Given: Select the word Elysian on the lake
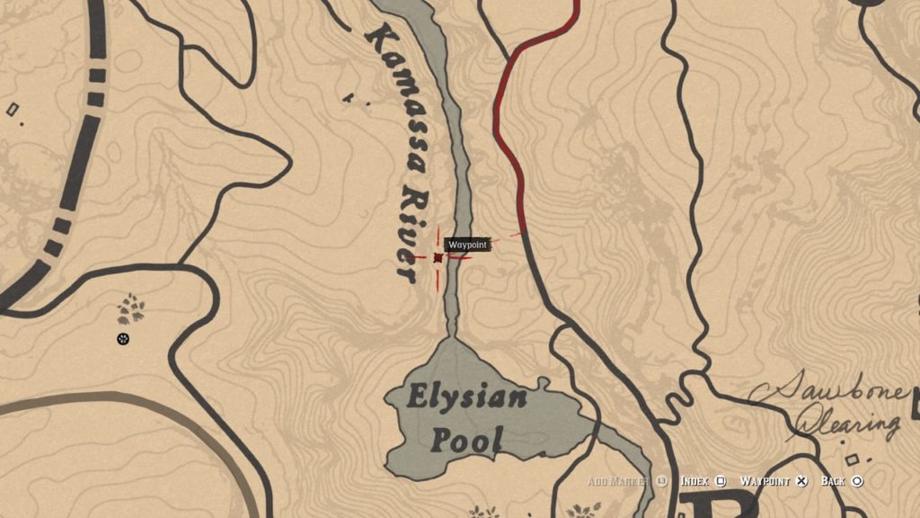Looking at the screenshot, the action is coord(466,397).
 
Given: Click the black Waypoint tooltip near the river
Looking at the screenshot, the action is coord(468,245).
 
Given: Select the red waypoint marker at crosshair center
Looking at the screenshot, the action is coord(438,258).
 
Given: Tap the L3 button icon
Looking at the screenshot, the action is coord(662,482).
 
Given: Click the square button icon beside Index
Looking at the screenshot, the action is coord(721,482).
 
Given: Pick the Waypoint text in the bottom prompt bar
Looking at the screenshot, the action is coord(765,482).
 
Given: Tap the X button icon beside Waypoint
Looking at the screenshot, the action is coord(802,482).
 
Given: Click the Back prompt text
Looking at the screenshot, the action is coord(834,482).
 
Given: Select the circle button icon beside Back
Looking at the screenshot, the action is coord(857,482).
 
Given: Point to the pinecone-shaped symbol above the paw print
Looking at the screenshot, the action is coord(130,309).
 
